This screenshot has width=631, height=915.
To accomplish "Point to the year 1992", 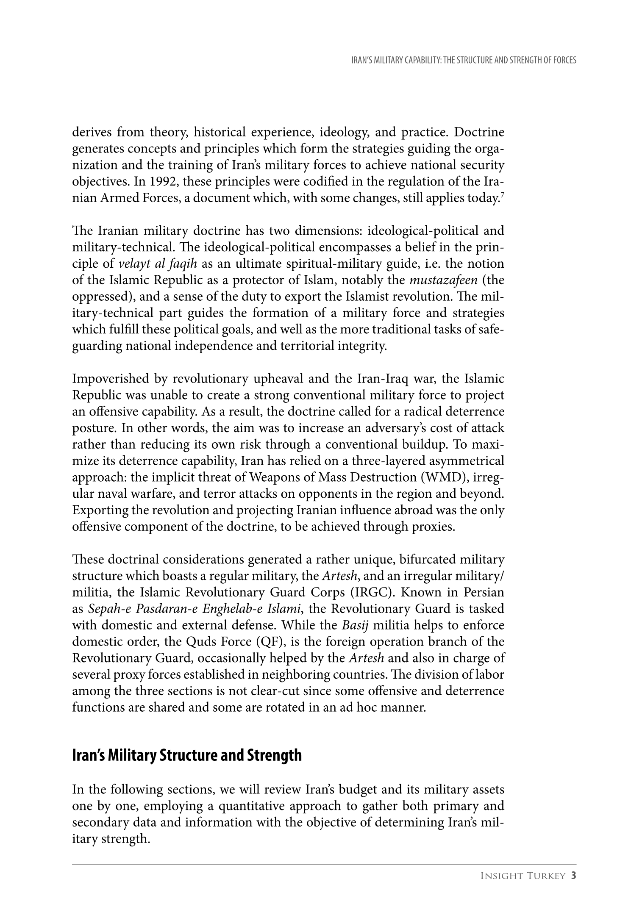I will [163, 182].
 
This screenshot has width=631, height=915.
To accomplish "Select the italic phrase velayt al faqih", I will [158, 264].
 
